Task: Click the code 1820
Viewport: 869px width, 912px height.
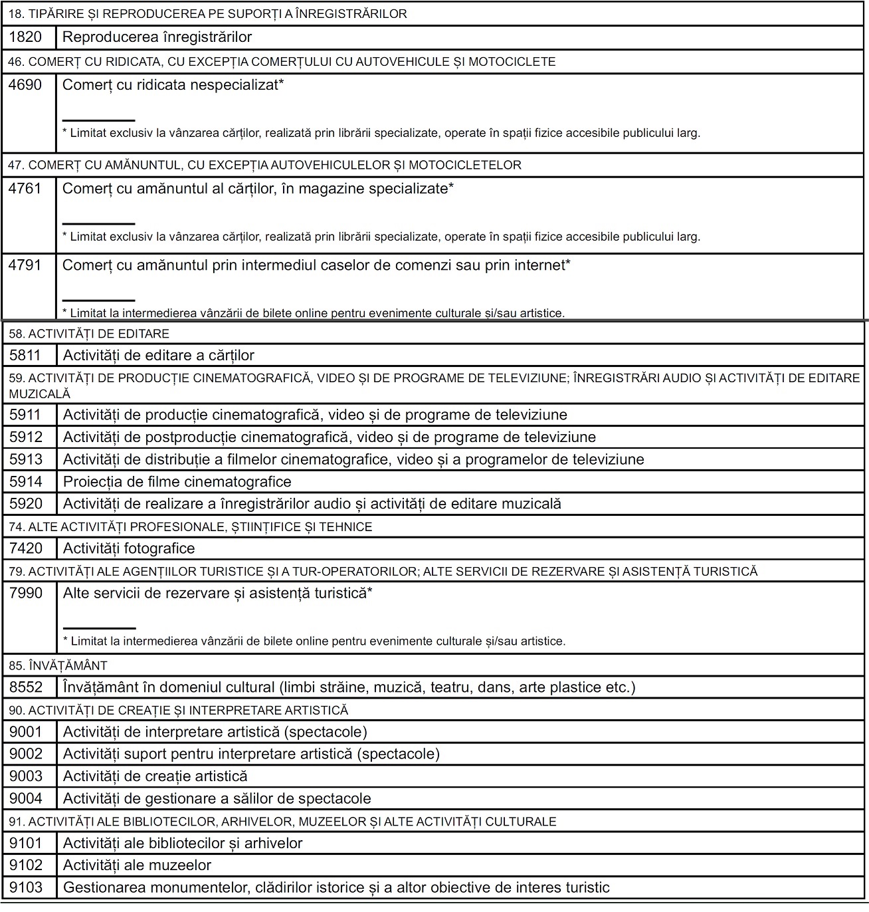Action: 25,37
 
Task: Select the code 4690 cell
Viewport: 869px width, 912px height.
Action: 25,85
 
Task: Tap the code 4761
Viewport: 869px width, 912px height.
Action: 25,189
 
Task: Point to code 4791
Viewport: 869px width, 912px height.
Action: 25,265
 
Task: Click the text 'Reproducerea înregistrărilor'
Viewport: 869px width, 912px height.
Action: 157,37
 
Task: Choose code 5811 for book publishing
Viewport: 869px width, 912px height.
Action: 26,356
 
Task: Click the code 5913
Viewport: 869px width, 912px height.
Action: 26,459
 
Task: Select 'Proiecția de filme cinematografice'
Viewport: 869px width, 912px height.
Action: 177,482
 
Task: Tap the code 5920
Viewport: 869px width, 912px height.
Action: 26,504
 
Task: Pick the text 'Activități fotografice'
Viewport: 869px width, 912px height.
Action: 129,548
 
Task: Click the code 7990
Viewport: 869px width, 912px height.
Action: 26,593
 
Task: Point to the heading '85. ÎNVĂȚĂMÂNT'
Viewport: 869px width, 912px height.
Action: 58,665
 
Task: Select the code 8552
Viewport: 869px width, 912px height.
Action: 26,687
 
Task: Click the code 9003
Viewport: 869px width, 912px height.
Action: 26,776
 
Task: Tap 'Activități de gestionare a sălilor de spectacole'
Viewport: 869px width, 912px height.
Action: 217,798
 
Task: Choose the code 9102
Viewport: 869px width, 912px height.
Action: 26,865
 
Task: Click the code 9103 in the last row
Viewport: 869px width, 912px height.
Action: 26,887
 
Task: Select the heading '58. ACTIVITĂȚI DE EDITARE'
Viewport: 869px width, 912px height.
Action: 89,334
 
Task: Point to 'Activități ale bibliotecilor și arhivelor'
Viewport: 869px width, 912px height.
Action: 183,844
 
